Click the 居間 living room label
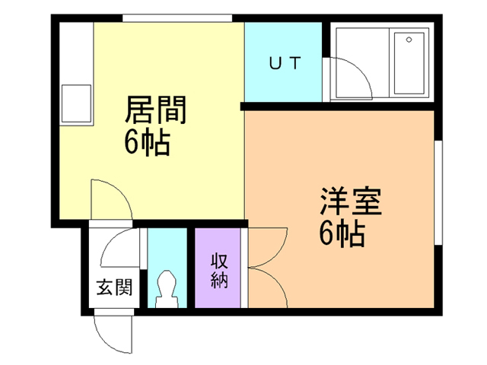155,109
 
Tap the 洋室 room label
351,201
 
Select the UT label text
285,62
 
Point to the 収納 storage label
219,271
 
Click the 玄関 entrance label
114,287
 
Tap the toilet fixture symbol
167,289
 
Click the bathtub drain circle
409,40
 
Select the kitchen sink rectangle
76,103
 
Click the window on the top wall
177,18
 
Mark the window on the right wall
438,192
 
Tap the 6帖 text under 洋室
342,233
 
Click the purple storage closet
218,268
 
